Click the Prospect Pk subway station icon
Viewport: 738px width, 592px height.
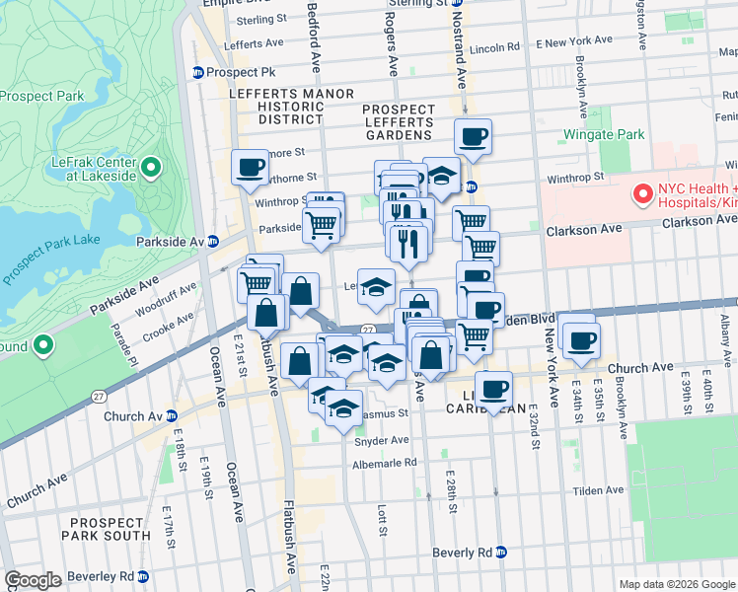pos(198,72)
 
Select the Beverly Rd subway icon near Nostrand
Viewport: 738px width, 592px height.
pos(501,552)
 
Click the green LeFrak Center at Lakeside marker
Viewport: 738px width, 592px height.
pos(151,167)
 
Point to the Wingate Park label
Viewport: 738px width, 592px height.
pos(603,134)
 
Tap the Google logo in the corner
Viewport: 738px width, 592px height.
pos(33,580)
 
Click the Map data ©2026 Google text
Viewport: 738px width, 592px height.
pos(676,584)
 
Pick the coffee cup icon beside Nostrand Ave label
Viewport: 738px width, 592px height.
pos(473,137)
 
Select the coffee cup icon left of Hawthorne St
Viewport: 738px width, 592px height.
pos(251,167)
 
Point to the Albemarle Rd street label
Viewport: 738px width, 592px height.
pos(382,462)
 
